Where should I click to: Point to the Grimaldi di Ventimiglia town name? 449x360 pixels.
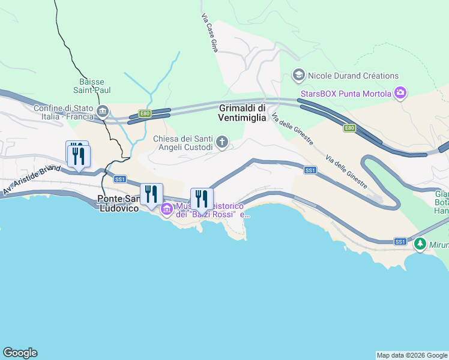tap(243, 113)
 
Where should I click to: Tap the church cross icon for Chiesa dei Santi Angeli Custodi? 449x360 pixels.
tap(222, 142)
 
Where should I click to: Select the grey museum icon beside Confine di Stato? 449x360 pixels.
tap(103, 111)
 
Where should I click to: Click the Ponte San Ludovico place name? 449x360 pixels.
tap(118, 203)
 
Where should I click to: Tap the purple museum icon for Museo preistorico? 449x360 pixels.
tap(166, 209)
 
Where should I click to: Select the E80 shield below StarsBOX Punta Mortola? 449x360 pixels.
tap(349, 128)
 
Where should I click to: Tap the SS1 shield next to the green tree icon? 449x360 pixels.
tap(400, 241)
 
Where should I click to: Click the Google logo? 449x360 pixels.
tap(20, 353)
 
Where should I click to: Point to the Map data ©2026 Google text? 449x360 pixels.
tap(412, 355)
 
